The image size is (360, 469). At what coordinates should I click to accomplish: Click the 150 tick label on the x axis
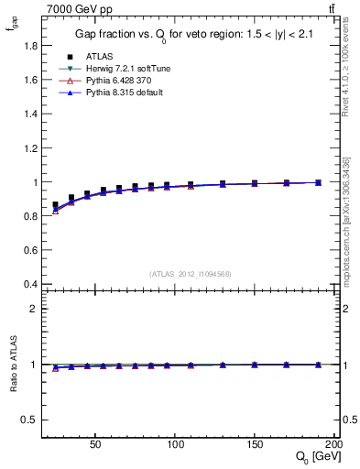tap(257, 443)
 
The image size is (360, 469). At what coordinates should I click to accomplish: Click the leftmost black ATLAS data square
tap(55, 205)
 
